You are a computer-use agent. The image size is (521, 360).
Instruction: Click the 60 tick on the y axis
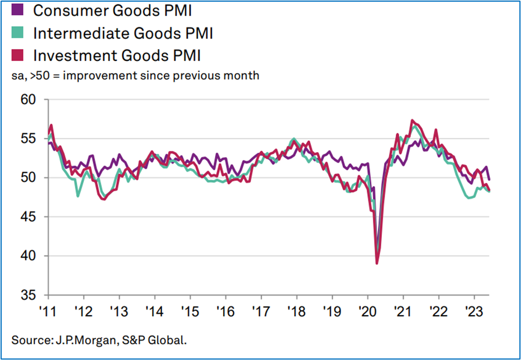[x=27, y=100]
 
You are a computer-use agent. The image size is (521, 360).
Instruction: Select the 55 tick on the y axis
[x=27, y=139]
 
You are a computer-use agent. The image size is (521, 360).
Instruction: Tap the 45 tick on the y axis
[x=27, y=217]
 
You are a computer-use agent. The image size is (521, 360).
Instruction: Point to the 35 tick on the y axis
[x=27, y=295]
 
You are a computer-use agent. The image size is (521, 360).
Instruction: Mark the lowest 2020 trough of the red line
[x=377, y=263]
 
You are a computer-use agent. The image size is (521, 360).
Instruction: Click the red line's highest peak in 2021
[x=412, y=120]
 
